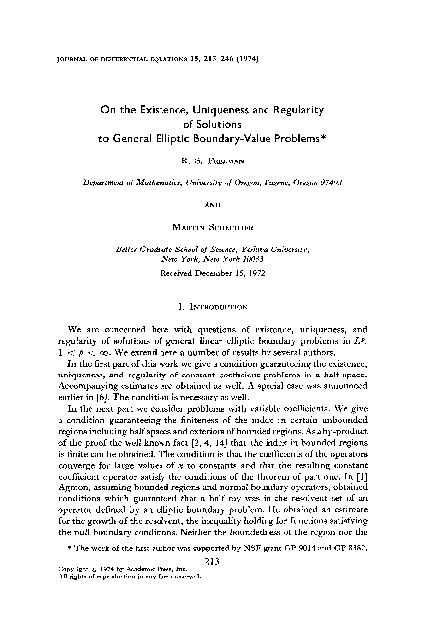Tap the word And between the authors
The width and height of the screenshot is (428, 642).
click(214, 191)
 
